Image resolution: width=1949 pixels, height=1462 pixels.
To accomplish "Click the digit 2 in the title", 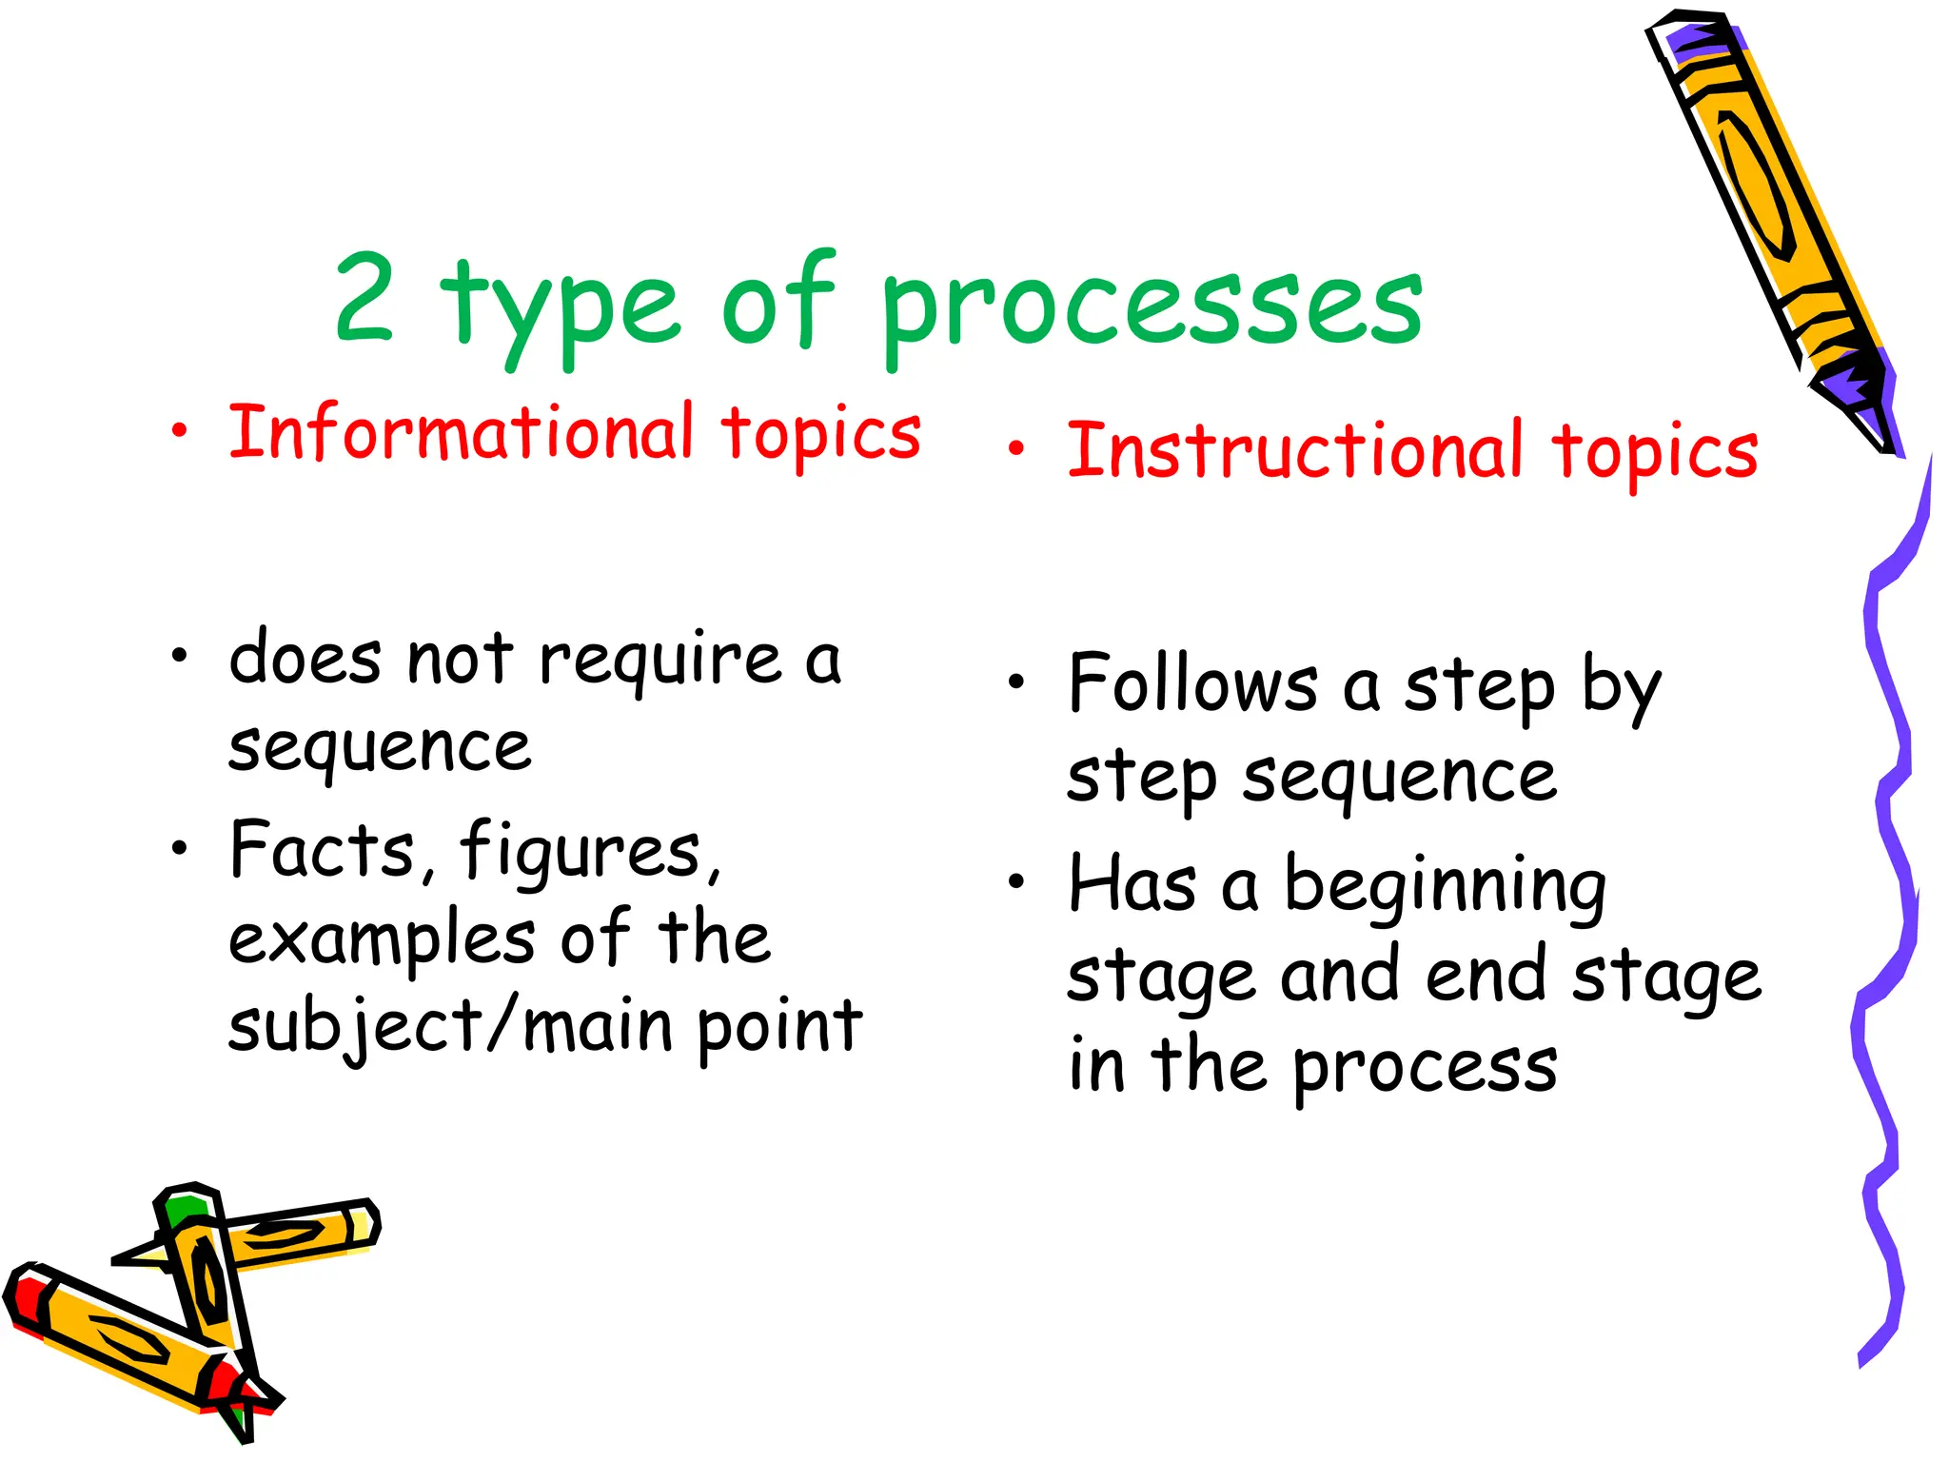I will pos(364,297).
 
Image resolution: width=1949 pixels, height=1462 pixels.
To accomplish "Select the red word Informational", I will pos(461,433).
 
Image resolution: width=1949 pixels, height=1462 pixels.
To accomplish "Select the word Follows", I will pos(1193,684).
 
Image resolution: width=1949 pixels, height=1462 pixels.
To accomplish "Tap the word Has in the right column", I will pos(1132,884).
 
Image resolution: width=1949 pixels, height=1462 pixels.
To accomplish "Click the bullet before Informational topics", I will pos(179,431).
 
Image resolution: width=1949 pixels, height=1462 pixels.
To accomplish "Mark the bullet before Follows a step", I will pos(1016,682).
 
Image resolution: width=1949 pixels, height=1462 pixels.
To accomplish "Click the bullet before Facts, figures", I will pos(179,846).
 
